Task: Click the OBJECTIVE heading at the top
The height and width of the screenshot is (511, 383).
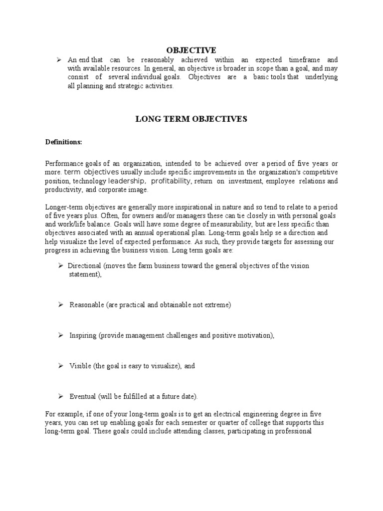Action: click(x=191, y=50)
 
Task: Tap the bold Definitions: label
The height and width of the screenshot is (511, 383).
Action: click(x=63, y=142)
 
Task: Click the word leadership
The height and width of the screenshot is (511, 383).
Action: click(x=127, y=181)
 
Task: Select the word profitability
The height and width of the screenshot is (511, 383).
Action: click(x=171, y=181)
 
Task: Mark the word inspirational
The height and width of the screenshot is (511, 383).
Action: click(x=183, y=206)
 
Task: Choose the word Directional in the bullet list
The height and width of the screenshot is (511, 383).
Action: click(x=85, y=265)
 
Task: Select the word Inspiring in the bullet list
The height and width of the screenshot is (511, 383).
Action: click(x=83, y=335)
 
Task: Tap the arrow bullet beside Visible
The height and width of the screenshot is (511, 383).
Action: click(x=59, y=366)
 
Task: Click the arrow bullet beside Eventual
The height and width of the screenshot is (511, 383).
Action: click(x=59, y=396)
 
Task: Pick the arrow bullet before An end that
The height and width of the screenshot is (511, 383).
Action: click(x=59, y=60)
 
